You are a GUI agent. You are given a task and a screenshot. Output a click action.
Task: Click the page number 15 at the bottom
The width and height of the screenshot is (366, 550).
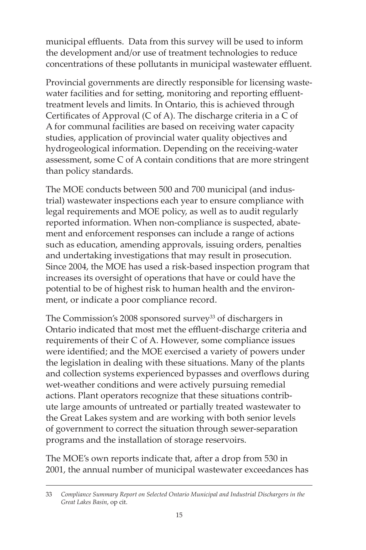(179, 515)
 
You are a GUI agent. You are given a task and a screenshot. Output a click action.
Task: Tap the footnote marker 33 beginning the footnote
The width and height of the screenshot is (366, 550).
(49, 494)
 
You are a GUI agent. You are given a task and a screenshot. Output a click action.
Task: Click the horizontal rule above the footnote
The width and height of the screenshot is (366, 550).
(179, 486)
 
